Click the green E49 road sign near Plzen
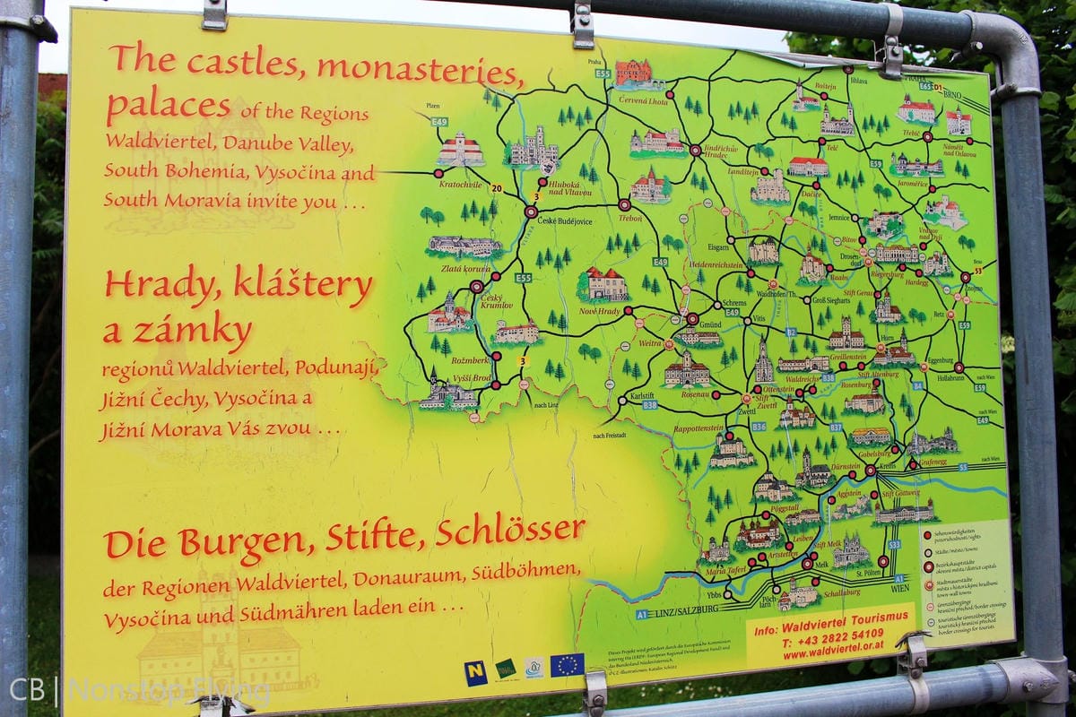pos(439,121)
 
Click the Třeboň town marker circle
pos(624,205)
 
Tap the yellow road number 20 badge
pos(496,188)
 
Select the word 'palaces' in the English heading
pos(168,106)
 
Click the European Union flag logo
pos(567,665)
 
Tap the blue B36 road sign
pos(759,428)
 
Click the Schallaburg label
pos(842,593)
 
